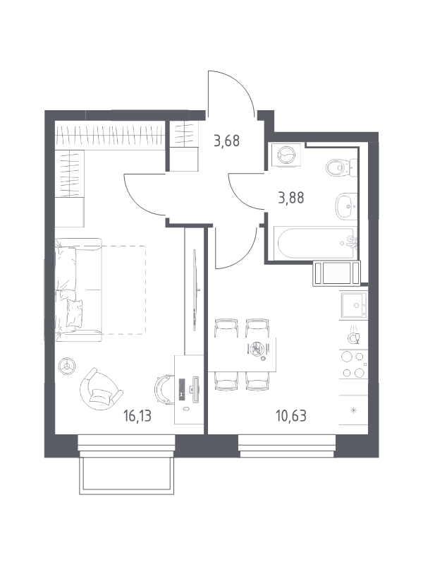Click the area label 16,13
(137, 416)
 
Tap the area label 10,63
(291, 416)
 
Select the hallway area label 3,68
(226, 141)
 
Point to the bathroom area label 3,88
(291, 198)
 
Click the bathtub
(315, 242)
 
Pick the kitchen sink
(355, 305)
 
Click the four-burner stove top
(353, 364)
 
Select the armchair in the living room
(100, 389)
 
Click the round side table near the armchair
(67, 367)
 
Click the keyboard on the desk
(182, 389)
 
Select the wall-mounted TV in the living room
(195, 290)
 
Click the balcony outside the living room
(127, 475)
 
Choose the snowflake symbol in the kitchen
(354, 410)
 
